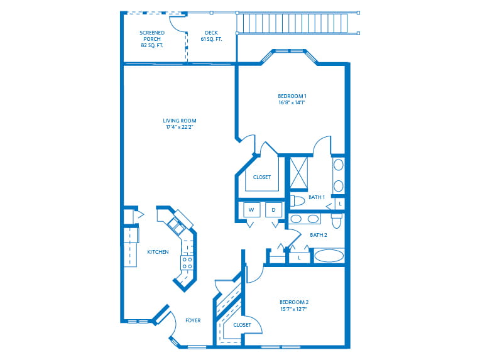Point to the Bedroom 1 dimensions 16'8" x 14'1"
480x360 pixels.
click(x=292, y=103)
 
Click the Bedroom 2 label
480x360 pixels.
click(x=294, y=302)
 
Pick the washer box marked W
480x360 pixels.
click(x=251, y=210)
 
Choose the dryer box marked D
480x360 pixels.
click(x=275, y=210)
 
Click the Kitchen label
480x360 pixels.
click(x=158, y=252)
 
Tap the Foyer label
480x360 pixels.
click(x=193, y=320)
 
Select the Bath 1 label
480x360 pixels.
click(x=317, y=197)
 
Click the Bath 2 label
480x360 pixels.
click(x=319, y=235)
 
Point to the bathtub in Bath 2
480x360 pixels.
click(x=329, y=256)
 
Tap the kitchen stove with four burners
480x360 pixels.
click(x=187, y=262)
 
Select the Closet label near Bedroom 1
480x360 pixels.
click(x=262, y=177)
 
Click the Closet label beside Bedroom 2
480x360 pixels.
click(x=242, y=325)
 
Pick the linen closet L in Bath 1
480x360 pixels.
click(x=339, y=204)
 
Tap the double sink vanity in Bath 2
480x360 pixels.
click(x=304, y=219)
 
